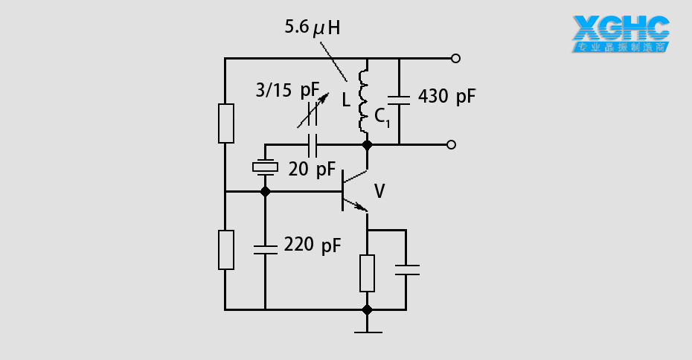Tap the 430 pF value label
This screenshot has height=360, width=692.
446,96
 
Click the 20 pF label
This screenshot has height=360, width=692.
312,170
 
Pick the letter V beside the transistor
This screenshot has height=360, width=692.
379,192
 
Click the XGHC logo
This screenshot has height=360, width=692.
621,33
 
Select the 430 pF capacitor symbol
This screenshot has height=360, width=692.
400,97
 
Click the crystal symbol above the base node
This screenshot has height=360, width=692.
265,168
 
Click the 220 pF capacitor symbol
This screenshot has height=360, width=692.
265,248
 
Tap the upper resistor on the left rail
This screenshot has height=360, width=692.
225,123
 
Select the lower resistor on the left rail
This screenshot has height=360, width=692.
225,250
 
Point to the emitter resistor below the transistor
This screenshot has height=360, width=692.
367,273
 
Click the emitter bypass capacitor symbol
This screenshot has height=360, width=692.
406,269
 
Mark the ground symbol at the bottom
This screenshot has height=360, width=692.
367,329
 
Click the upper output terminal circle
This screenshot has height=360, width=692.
455,58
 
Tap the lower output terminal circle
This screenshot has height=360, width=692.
451,145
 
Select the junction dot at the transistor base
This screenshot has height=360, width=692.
265,192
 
